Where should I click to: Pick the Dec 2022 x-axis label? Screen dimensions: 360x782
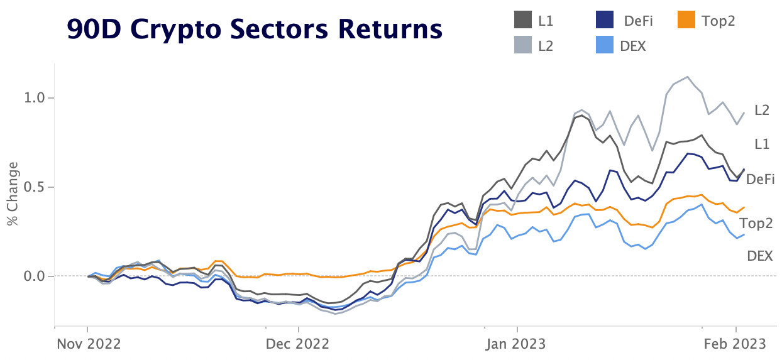tap(298, 344)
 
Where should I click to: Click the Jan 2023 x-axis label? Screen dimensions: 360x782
tap(517, 344)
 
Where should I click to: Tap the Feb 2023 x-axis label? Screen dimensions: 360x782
tap(735, 344)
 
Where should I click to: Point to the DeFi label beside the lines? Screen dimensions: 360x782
tap(759, 179)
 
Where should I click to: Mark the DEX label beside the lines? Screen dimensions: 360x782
tap(759, 256)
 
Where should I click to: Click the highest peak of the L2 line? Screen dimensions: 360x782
tap(687, 77)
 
